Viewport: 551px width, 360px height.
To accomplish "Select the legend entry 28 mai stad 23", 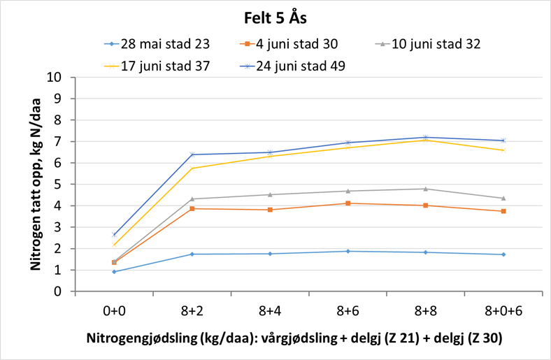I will [x=164, y=44].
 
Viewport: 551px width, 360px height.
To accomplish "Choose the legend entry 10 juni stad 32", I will [x=436, y=44].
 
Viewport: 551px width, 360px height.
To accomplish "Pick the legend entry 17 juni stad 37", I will [x=164, y=66].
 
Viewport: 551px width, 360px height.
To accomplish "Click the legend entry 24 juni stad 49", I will [x=301, y=66].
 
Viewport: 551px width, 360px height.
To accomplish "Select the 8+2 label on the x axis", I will [x=192, y=309].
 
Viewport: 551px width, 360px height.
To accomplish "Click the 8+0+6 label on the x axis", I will [x=503, y=309].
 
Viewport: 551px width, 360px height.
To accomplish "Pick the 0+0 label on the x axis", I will [x=114, y=309].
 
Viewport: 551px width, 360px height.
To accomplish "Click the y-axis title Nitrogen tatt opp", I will [x=36, y=183].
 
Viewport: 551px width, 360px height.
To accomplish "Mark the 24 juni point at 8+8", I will [x=425, y=137].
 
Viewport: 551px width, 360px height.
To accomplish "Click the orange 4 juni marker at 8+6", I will [x=348, y=203].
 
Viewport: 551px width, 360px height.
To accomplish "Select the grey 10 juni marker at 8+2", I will [x=192, y=199].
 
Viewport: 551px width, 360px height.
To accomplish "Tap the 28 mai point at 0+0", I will [x=114, y=272].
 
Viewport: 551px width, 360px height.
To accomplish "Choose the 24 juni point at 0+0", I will [x=114, y=235].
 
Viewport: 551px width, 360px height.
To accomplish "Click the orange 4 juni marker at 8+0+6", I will [x=503, y=211].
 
